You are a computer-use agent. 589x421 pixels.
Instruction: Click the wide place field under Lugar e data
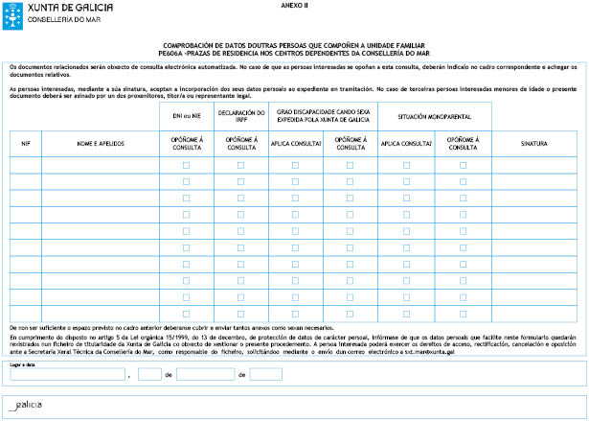coord(66,374)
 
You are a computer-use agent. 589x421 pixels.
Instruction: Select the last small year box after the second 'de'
coord(265,374)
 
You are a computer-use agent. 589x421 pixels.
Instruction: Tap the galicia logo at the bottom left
coord(24,406)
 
